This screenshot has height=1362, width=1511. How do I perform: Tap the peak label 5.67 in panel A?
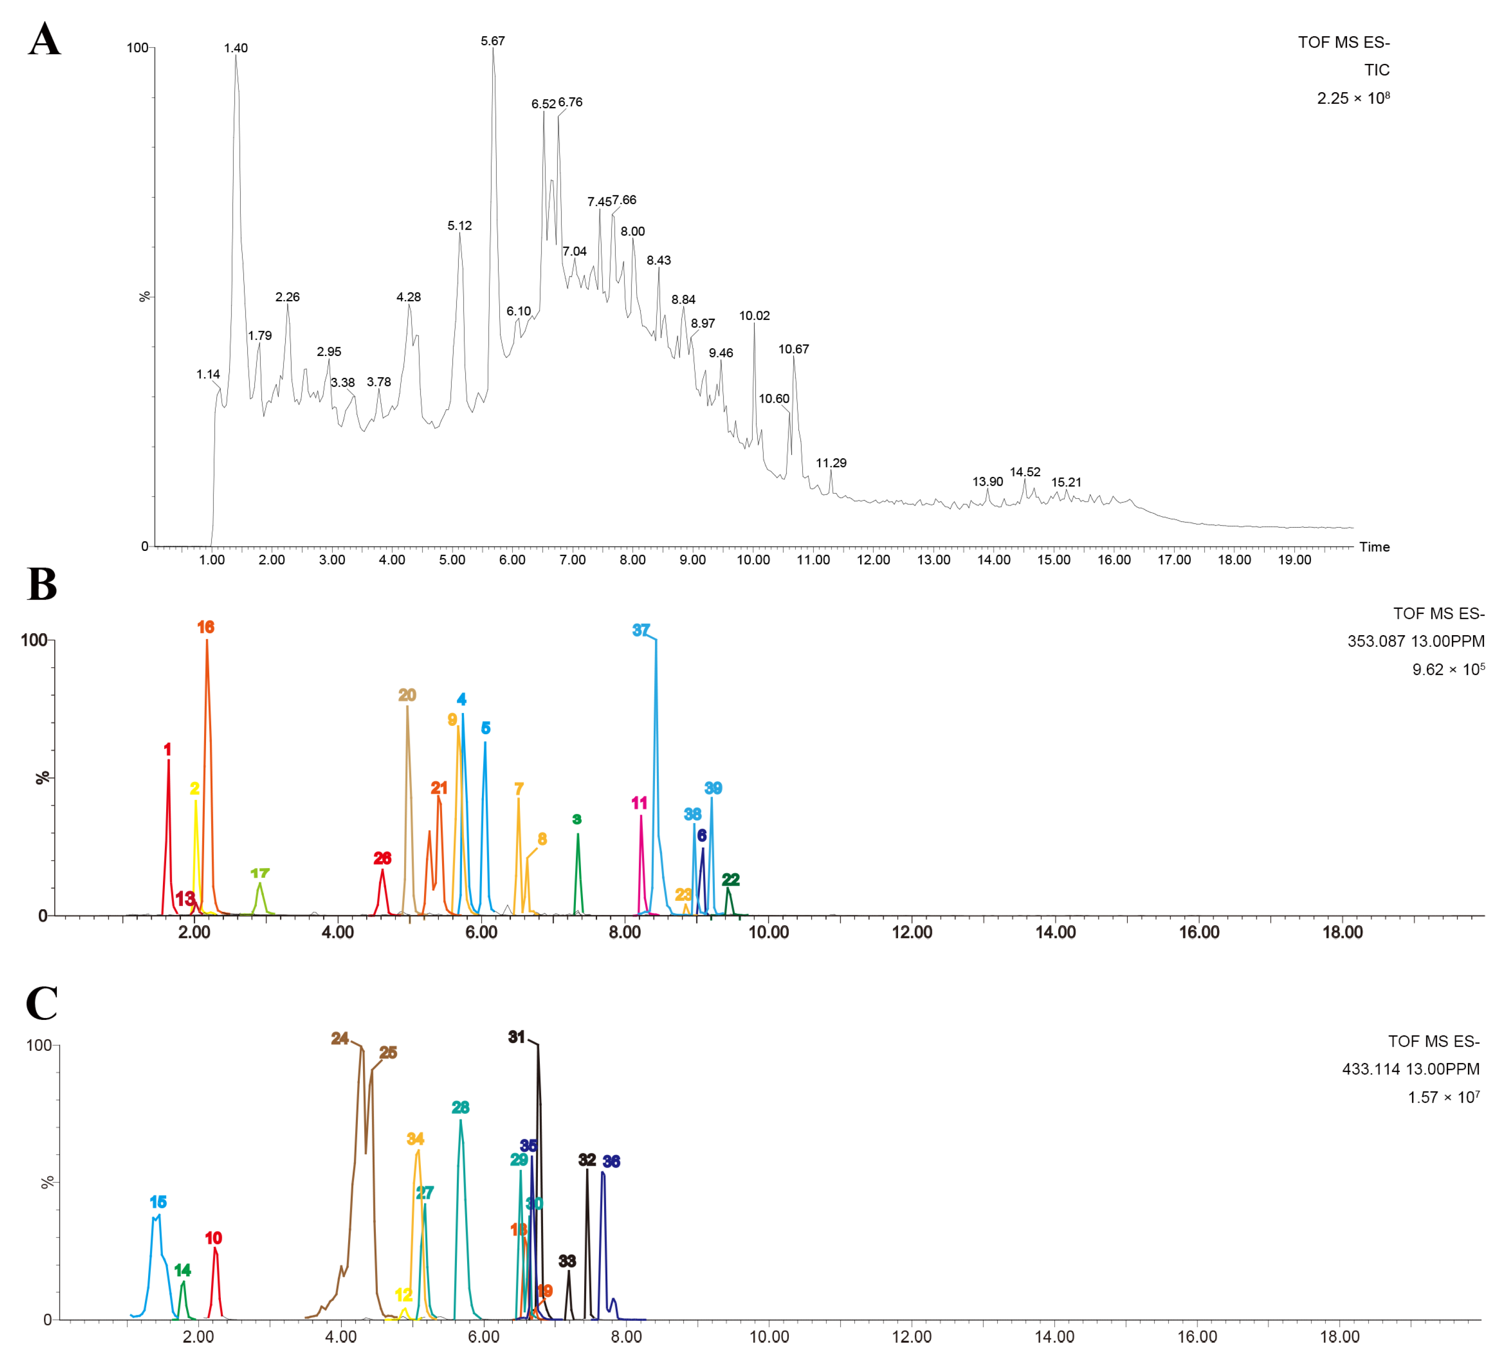[x=493, y=41]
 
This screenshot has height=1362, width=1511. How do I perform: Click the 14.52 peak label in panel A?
[x=1024, y=472]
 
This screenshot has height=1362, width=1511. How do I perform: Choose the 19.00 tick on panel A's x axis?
[x=1294, y=560]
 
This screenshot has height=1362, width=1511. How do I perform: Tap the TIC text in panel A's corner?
[x=1376, y=70]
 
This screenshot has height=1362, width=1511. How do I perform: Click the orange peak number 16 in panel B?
[x=206, y=627]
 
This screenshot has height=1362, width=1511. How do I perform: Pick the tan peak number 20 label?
[x=407, y=695]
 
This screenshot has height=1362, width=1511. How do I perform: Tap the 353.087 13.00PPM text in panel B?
[x=1415, y=641]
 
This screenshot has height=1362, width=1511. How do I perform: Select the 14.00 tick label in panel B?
[x=1055, y=932]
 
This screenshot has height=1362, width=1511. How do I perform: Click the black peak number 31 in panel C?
[x=516, y=1037]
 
